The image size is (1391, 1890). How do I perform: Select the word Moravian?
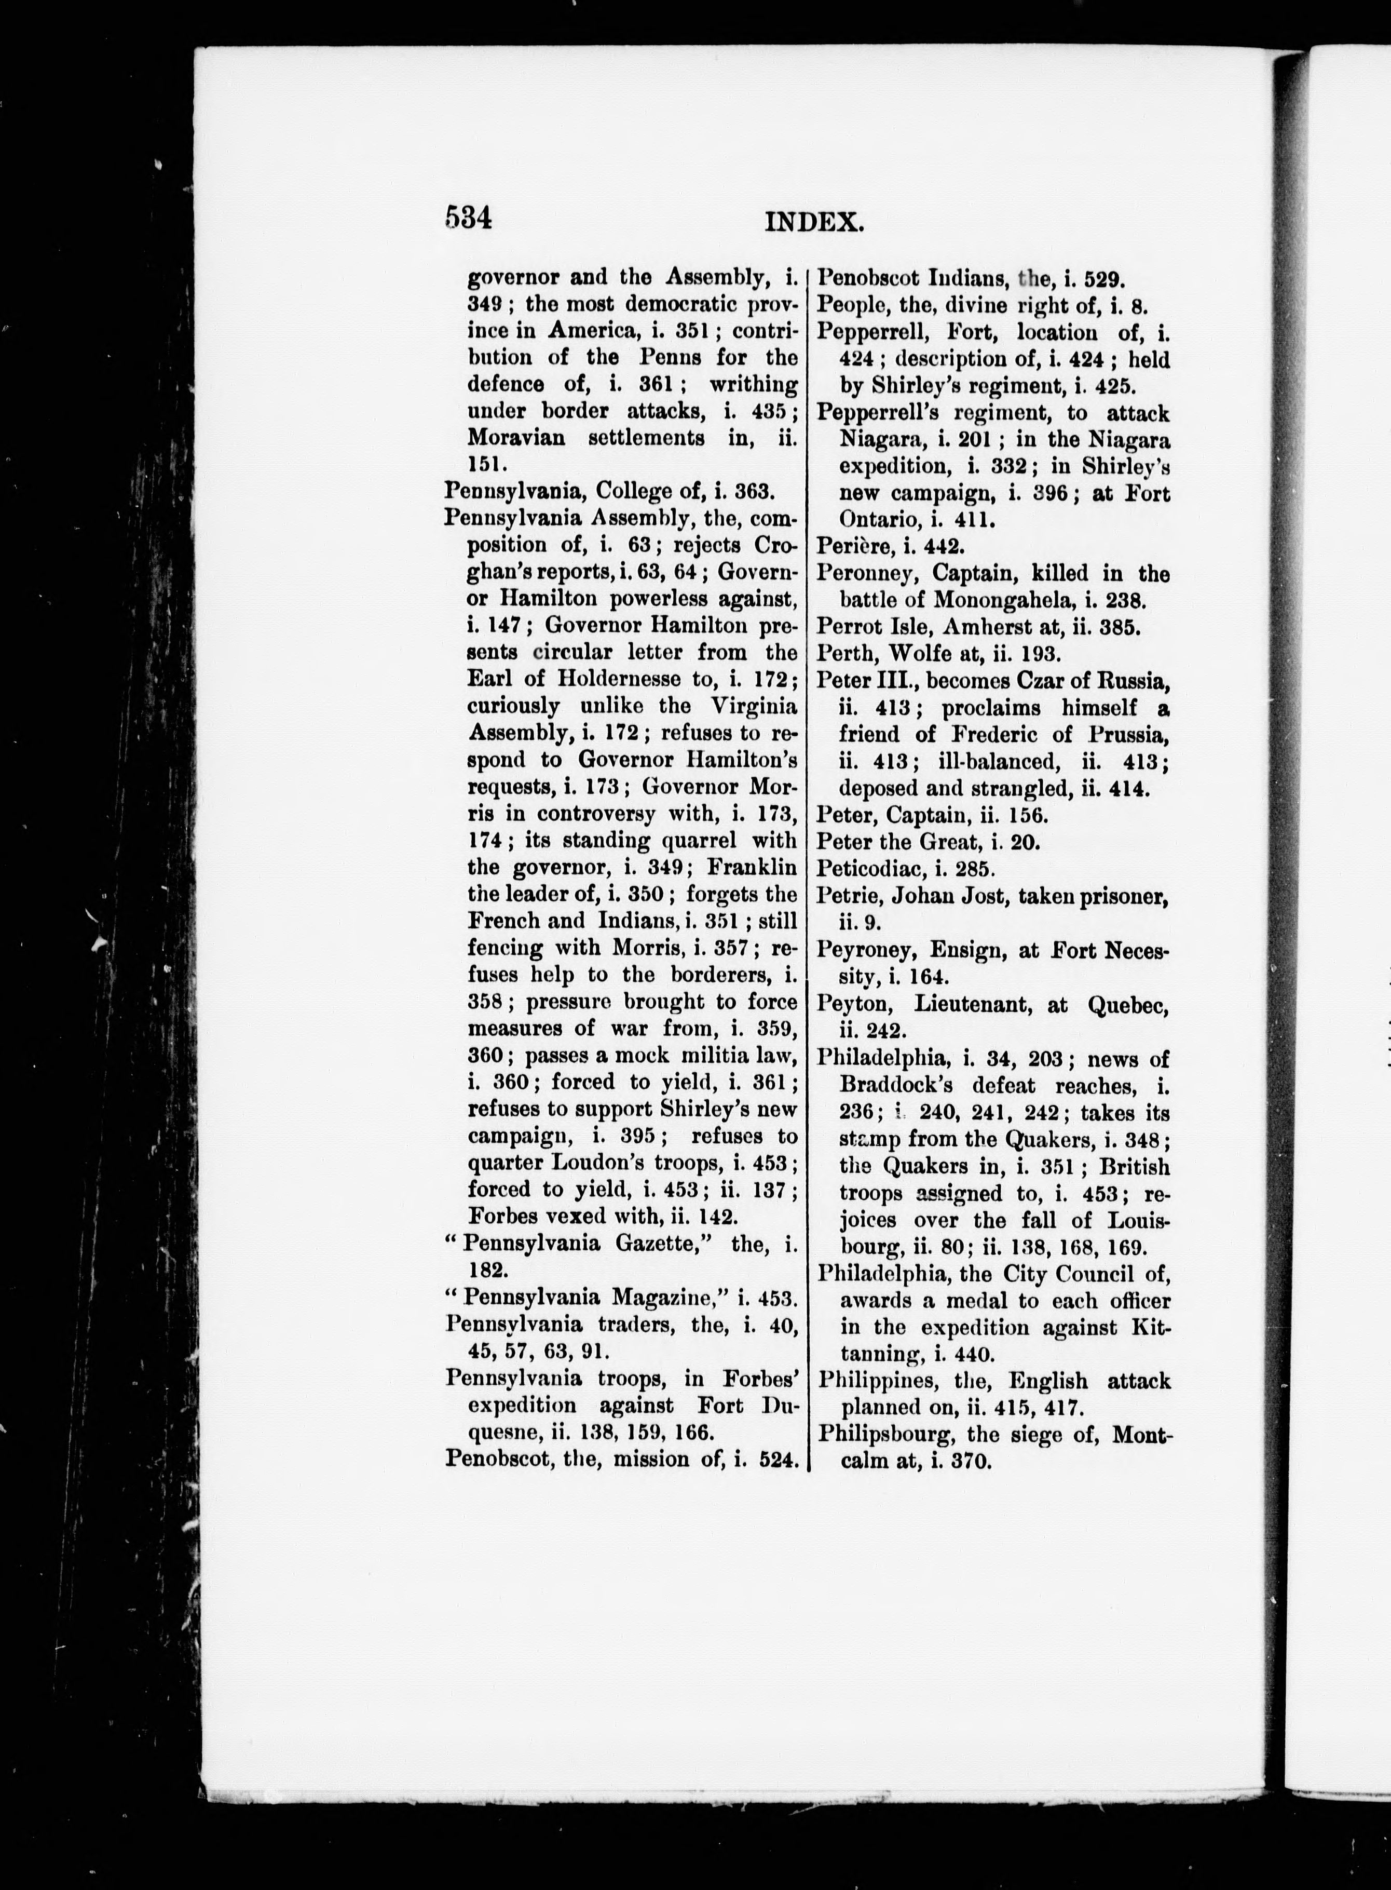pos(515,438)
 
